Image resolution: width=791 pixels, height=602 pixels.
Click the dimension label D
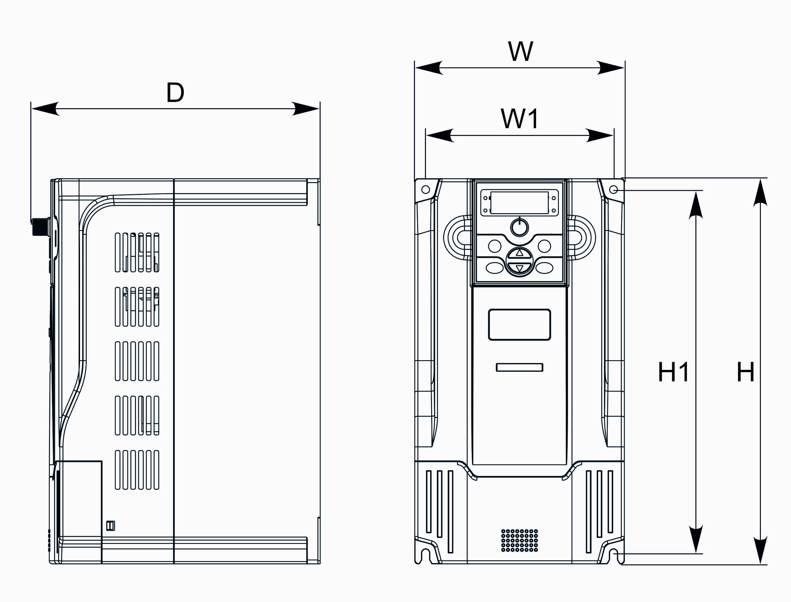175,92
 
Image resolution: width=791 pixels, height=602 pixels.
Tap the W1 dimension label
520,119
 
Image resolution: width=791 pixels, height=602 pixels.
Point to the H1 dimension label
673,372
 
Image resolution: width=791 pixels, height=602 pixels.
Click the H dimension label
746,372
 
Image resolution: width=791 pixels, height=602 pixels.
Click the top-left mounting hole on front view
426,190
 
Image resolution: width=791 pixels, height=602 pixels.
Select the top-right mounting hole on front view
613,190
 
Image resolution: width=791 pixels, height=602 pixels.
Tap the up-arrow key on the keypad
520,253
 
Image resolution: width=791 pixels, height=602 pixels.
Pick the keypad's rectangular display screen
520,203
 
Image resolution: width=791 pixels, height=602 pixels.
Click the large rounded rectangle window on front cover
520,325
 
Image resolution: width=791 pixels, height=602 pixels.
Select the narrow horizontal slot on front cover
520,367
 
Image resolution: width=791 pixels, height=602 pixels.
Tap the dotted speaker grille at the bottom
520,540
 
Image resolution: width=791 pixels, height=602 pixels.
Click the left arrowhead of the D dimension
45,108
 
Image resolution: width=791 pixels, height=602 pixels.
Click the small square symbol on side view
111,526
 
